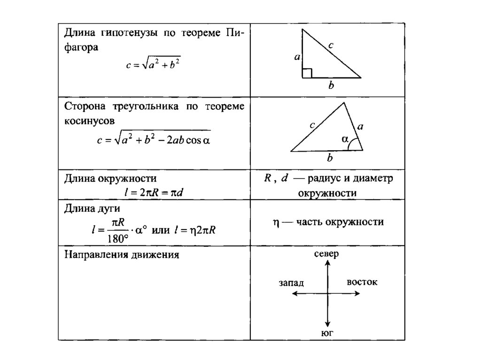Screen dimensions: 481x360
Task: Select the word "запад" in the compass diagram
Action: click(291, 283)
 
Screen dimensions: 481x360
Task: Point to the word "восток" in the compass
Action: click(362, 282)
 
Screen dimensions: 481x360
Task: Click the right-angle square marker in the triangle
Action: click(307, 73)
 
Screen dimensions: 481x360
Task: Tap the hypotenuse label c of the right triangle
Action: click(331, 46)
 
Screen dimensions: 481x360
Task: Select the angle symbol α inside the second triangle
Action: click(345, 139)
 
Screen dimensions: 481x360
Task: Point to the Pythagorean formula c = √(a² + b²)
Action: click(153, 64)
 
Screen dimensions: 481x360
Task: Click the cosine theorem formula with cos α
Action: click(153, 139)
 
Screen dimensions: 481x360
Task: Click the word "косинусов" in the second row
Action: click(89, 120)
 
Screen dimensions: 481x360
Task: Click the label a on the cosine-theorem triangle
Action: click(360, 126)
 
